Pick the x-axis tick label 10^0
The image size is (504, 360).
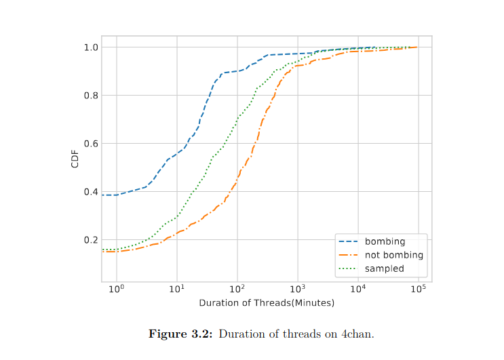(117, 290)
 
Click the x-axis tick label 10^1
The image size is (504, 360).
(177, 290)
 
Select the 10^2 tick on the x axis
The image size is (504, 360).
(237, 290)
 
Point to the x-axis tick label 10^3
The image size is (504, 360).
(298, 290)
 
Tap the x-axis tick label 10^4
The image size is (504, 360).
(358, 290)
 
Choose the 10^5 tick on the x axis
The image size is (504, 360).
(419, 290)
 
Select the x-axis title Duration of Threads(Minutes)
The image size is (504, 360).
(267, 303)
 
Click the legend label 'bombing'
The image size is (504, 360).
(385, 242)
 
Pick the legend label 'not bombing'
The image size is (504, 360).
(393, 255)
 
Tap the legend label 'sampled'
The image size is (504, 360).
(384, 268)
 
